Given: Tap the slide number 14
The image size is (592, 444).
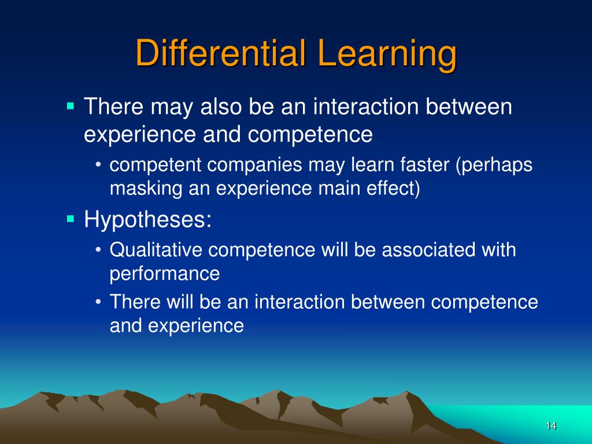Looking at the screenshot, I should point(550,426).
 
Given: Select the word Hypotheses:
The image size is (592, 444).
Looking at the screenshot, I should point(148,220).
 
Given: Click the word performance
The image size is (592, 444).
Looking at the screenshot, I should point(165,274).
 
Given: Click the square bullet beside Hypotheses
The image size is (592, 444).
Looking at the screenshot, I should point(71,219).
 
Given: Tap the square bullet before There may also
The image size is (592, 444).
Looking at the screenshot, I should point(71,106).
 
